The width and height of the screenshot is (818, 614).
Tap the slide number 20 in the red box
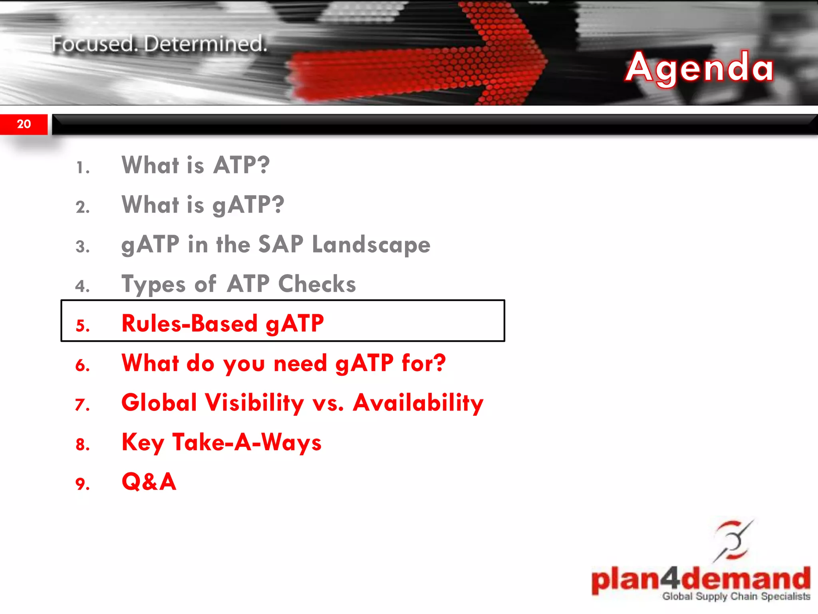click(24, 124)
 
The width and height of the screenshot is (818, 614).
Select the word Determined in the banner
click(205, 44)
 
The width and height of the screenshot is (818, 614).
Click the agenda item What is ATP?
click(196, 165)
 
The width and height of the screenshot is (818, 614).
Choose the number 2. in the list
click(83, 207)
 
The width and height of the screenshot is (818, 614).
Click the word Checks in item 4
click(317, 284)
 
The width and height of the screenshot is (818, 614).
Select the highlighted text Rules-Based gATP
click(222, 323)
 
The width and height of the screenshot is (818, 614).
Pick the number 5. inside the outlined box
click(83, 326)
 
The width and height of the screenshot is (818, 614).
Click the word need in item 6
click(300, 363)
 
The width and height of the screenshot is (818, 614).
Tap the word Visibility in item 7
click(254, 403)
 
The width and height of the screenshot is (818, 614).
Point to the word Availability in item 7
click(418, 403)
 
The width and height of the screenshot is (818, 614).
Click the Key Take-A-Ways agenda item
click(221, 443)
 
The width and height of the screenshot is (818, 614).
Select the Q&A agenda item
click(149, 482)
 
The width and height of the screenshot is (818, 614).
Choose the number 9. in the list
click(83, 484)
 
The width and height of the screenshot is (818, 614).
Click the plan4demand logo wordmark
click(701, 579)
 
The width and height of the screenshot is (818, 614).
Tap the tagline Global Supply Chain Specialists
click(736, 596)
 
